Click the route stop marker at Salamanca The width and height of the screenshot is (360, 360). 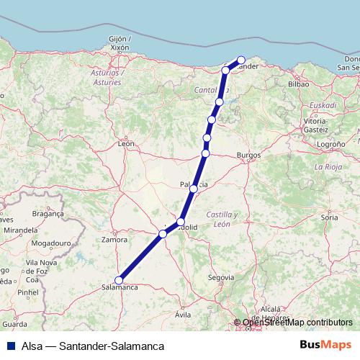119,281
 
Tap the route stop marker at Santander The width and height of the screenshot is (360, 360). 241,60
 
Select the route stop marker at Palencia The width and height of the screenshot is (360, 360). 194,189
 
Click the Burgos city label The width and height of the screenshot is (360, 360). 248,155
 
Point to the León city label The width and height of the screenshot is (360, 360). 127,144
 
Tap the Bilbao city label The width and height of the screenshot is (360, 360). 298,84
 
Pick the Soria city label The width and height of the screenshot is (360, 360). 330,216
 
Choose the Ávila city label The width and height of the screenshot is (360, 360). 183,315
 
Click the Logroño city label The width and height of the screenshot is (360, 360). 328,144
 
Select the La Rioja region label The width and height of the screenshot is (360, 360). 328,166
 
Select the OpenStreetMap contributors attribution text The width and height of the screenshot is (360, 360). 297,323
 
